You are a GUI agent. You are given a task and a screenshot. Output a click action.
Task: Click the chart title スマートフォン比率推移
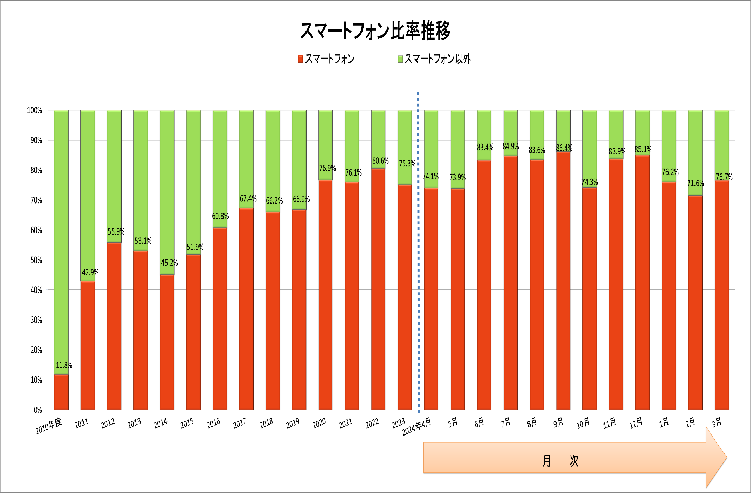pos(375,31)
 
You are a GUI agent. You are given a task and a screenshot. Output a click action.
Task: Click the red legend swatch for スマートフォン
pos(300,59)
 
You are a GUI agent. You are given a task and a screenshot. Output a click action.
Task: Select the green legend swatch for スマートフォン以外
pos(400,59)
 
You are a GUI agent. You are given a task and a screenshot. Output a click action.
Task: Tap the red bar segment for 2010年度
pos(61,392)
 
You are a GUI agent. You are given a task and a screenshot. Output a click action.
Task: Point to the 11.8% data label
pos(64,365)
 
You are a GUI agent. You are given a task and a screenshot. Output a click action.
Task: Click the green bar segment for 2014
pos(167,192)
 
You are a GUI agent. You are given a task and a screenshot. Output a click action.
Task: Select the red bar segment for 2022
pos(378,289)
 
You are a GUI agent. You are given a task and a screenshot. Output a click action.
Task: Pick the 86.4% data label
pos(564,148)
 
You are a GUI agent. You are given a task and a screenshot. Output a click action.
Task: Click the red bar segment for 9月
pos(563,280)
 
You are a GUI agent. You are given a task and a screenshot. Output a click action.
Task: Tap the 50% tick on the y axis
pos(35,260)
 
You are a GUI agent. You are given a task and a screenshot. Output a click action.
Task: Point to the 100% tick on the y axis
pos(34,111)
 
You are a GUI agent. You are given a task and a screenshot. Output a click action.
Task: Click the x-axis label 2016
pos(214,423)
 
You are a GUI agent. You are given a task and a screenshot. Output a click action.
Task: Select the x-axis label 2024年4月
pos(416,426)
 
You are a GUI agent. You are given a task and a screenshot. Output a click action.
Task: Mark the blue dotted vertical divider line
pos(418,254)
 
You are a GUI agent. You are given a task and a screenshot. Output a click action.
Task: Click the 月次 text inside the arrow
pos(561,461)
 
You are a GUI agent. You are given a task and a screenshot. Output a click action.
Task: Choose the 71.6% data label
pos(696,183)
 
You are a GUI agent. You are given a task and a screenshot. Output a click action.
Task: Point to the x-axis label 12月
pos(636,423)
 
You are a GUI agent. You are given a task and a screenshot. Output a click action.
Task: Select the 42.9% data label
pos(90,273)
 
